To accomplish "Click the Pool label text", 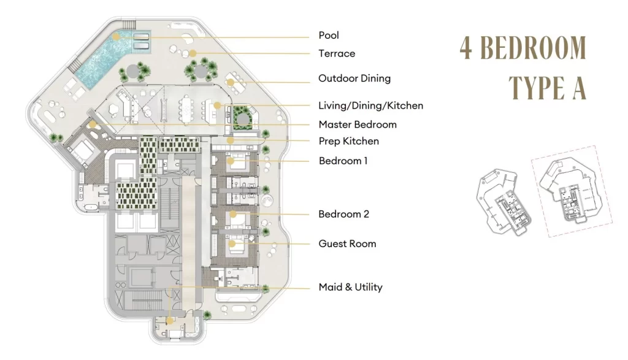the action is [x=329, y=35].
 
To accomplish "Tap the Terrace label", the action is [x=337, y=53].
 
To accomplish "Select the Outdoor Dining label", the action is [x=354, y=79].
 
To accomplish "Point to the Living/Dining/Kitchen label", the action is [x=371, y=105].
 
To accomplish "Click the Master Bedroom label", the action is [x=358, y=124].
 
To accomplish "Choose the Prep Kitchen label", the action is [x=349, y=141].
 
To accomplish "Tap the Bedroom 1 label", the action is [x=343, y=161].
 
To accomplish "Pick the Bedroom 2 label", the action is [x=343, y=214].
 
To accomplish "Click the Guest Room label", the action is [x=347, y=244].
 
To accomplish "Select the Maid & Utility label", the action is [x=350, y=287].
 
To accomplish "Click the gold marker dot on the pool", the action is [x=116, y=36].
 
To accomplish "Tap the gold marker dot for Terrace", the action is [x=193, y=53].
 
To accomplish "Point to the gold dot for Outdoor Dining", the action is [x=230, y=82].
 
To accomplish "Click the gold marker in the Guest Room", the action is [x=232, y=243].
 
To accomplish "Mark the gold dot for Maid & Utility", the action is [x=170, y=321].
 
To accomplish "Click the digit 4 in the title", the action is [x=465, y=48].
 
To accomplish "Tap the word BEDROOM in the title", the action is [x=533, y=48].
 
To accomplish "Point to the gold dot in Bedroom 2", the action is [x=232, y=214].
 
